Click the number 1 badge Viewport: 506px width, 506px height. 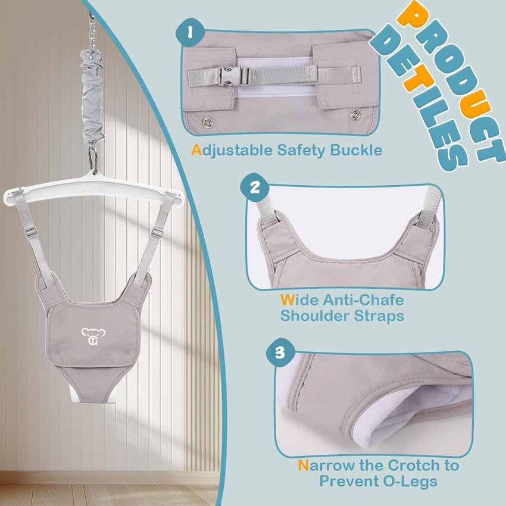189,35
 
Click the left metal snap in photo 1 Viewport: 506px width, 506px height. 207,122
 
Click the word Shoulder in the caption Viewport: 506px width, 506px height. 316,316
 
